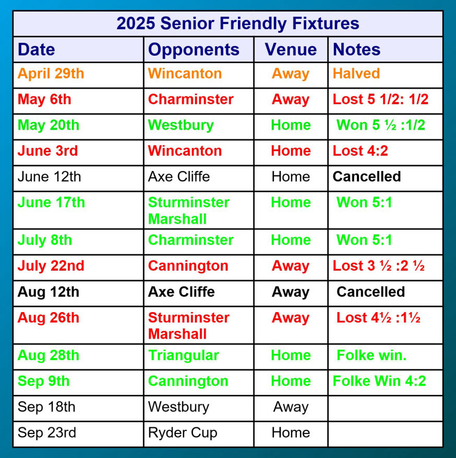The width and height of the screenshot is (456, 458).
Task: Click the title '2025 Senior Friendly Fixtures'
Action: (x=237, y=23)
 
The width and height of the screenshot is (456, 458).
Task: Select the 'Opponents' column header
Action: (x=194, y=50)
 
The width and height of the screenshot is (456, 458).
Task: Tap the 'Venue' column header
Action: (x=291, y=49)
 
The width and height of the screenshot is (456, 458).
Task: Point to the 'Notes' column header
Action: (x=356, y=49)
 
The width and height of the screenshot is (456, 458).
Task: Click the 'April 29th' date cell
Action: (x=51, y=73)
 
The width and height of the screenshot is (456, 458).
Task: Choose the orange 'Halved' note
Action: (x=356, y=73)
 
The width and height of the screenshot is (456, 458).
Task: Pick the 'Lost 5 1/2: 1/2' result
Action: (x=380, y=100)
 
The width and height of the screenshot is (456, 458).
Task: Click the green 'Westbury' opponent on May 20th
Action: (x=181, y=126)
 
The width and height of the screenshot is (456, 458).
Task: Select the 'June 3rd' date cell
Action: (x=47, y=151)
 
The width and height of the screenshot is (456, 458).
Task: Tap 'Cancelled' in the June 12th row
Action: (x=367, y=177)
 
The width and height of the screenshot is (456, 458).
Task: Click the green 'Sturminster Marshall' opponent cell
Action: (x=189, y=211)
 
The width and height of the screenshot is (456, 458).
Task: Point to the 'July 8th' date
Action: (x=45, y=240)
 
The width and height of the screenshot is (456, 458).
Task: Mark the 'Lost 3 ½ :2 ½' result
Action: (x=378, y=266)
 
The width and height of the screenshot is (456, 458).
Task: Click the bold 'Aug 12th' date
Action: (x=49, y=292)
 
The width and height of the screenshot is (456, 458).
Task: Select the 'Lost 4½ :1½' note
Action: (x=378, y=317)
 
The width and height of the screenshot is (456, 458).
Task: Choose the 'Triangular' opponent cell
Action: (x=184, y=356)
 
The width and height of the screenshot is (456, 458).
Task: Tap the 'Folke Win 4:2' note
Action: (x=379, y=381)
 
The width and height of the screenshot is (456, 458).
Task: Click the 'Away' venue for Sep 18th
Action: (x=291, y=407)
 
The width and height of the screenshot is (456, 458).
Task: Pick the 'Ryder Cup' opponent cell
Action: (x=183, y=433)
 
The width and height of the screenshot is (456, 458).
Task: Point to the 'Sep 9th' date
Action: (x=44, y=381)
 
